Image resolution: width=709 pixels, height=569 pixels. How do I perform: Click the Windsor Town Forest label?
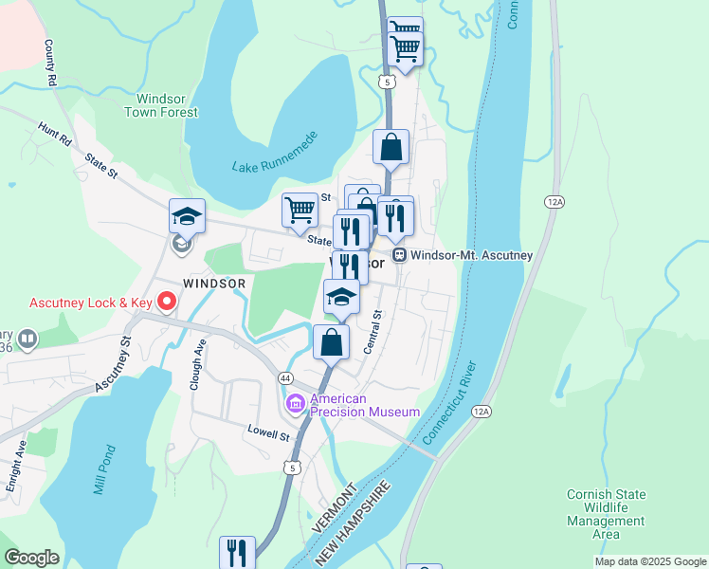coord(167,105)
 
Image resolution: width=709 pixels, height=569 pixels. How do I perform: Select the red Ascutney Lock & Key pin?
coord(167,303)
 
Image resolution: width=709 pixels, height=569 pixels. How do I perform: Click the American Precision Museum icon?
coord(296,405)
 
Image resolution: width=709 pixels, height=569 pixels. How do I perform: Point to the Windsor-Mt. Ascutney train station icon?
coord(399,255)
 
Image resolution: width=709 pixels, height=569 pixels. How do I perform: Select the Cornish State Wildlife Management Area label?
coord(606,514)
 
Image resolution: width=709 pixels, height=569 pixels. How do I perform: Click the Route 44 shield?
coord(284,377)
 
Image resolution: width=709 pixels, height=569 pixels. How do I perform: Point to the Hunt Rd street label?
coord(55,134)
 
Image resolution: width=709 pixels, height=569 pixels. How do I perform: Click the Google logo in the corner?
coord(31,558)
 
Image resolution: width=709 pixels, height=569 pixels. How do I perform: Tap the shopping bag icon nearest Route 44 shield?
coord(331,342)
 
